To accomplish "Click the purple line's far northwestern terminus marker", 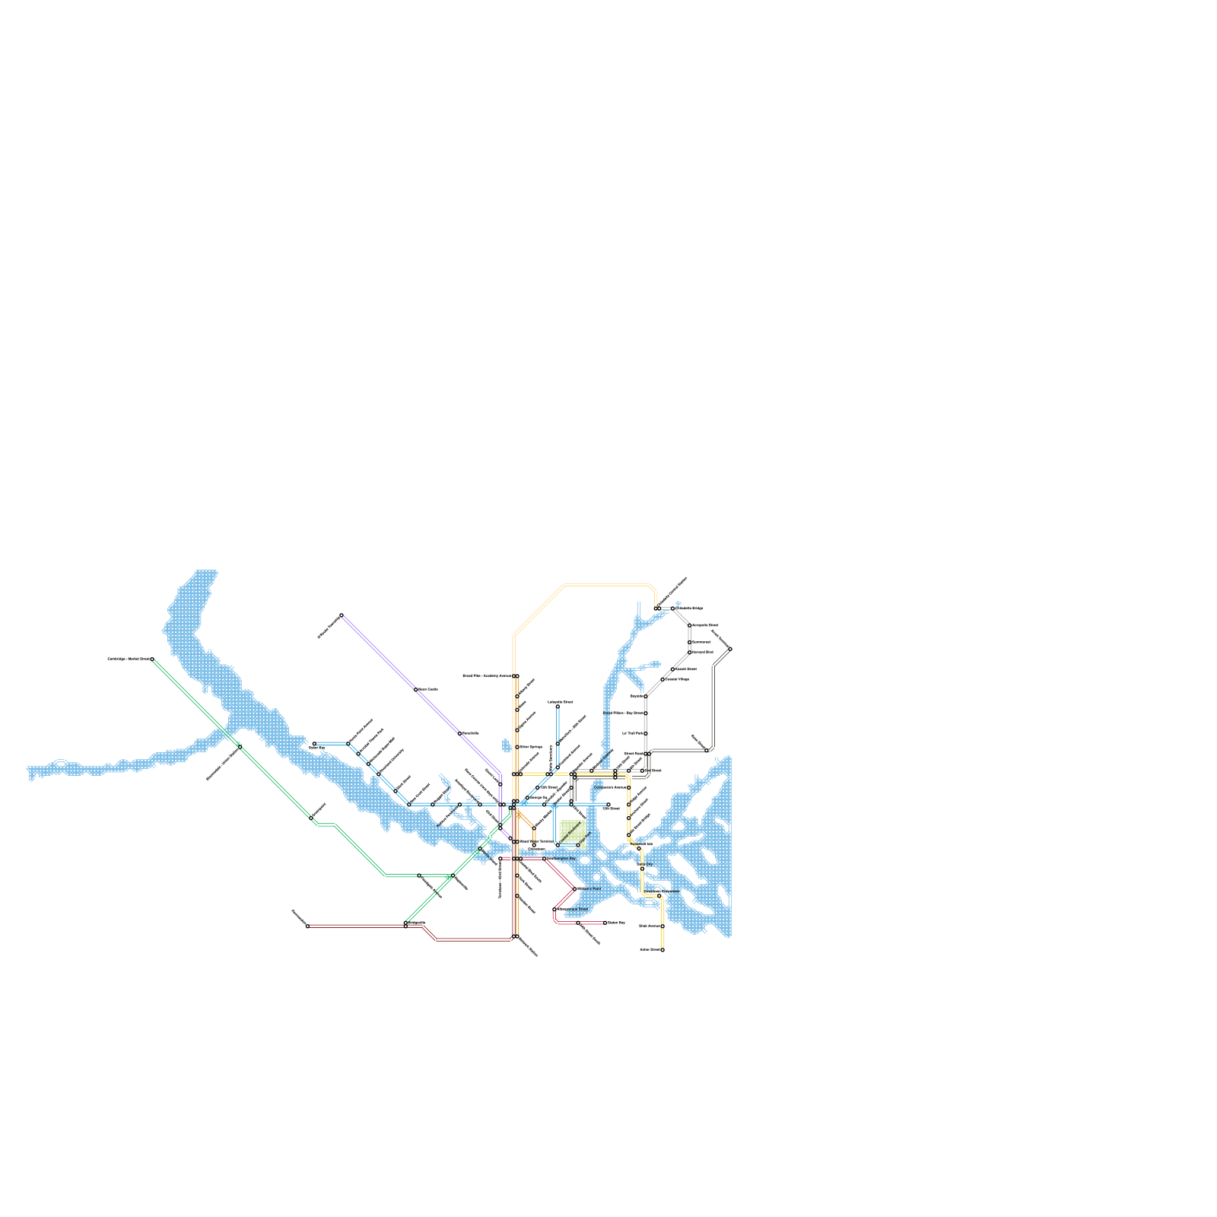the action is pos(342,615).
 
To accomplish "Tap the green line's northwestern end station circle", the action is pos(152,659).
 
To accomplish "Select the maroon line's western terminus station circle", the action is pos(307,926).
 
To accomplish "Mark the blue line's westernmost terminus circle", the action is pos(314,744).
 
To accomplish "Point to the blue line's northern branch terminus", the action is pos(558,707).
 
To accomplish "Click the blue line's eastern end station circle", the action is pos(608,805).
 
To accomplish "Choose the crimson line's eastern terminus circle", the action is pos(605,923).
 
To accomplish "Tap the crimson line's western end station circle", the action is pos(500,859).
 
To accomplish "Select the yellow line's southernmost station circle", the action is pos(663,950).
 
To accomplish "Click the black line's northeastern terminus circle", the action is pos(730,649).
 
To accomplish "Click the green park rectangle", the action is pos(572,831).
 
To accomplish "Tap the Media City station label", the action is pos(644,864).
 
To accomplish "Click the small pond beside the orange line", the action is pos(507,745).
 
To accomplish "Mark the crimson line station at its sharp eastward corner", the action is pos(574,888).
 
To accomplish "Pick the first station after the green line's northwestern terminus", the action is pos(239,745).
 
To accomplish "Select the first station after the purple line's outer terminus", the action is pos(416,689).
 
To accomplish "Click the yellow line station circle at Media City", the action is pos(642,869).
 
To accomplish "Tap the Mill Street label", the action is pos(612,809).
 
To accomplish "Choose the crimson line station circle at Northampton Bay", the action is pos(544,859).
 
